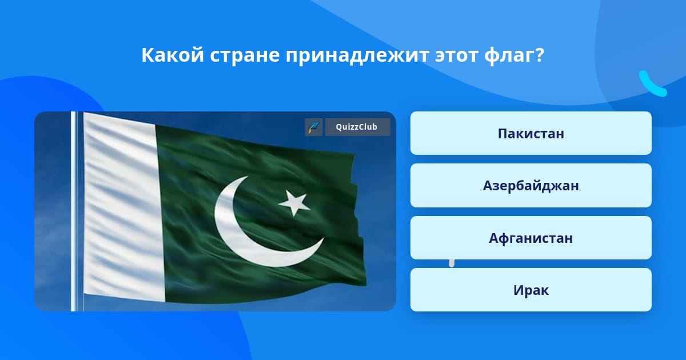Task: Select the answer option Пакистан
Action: (531, 133)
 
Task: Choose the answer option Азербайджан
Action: (531, 186)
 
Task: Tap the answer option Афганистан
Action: (531, 238)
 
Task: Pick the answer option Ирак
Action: (531, 290)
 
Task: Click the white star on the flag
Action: (294, 202)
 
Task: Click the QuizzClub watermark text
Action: (357, 127)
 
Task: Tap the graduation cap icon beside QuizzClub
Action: (314, 127)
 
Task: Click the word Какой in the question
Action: (173, 55)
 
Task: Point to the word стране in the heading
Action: (245, 56)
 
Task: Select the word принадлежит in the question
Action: (357, 56)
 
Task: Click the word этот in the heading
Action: (456, 56)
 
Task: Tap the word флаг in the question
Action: (509, 56)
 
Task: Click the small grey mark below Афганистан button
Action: (452, 263)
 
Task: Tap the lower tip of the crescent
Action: (324, 238)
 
